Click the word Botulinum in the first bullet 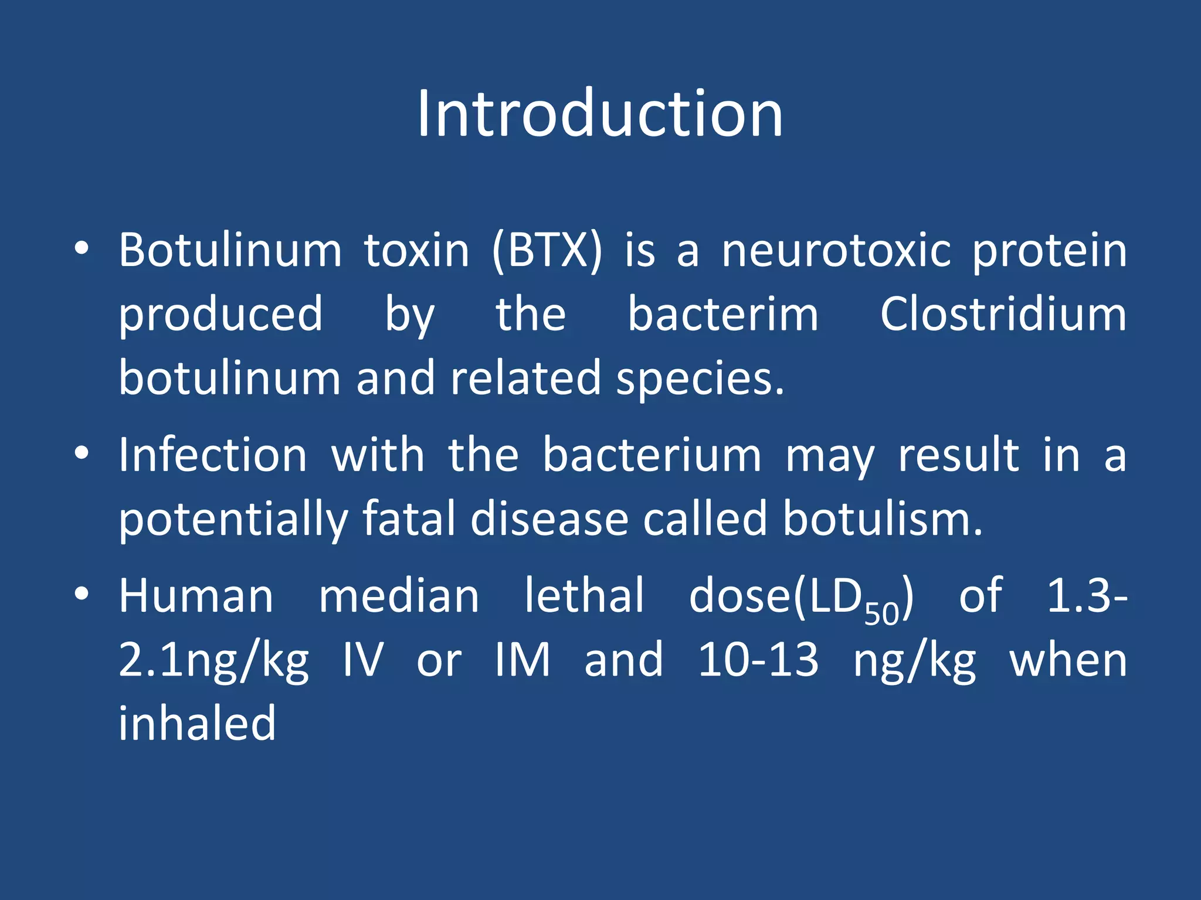(230, 251)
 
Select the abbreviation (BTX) (547, 251)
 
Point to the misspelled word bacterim (722, 315)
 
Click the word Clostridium (1003, 315)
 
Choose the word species (700, 379)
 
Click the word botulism (883, 519)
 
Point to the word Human (196, 596)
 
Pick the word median (399, 596)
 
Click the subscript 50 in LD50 (881, 613)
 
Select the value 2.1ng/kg (213, 660)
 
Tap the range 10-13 (758, 660)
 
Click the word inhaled (197, 724)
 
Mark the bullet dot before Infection (82, 453)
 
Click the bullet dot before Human (82, 594)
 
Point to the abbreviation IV (362, 660)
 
